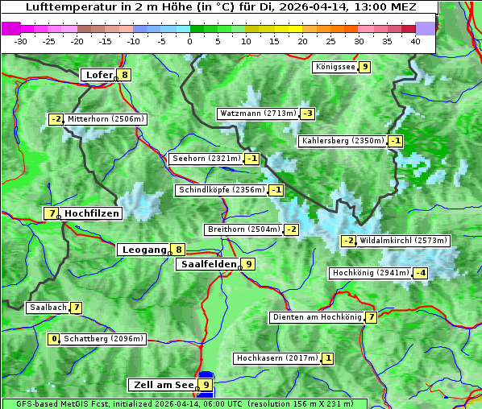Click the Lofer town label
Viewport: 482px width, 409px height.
(98, 75)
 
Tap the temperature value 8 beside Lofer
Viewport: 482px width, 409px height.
(124, 75)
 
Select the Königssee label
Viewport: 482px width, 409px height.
(334, 67)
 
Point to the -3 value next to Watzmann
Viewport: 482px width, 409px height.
(307, 114)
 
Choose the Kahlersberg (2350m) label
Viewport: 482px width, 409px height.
(343, 141)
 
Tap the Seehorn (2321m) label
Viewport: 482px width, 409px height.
(206, 159)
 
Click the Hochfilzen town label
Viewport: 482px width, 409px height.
(92, 213)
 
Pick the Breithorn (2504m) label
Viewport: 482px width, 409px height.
(243, 229)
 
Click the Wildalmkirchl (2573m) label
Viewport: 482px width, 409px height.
(403, 241)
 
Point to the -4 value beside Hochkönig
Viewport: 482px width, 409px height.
(420, 273)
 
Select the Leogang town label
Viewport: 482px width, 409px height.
(144, 250)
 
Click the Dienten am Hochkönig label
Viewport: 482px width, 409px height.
(316, 317)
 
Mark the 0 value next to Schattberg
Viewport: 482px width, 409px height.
(54, 339)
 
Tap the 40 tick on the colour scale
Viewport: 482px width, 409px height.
(415, 40)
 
